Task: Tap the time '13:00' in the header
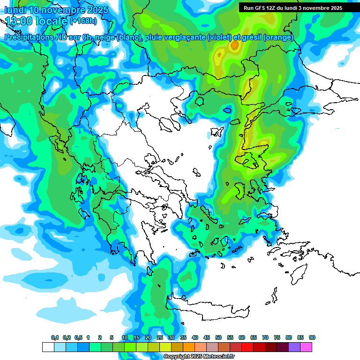[19, 21]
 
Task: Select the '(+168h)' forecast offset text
[83, 21]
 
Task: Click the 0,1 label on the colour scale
[55, 337]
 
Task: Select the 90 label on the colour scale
[312, 337]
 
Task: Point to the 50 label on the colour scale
[218, 337]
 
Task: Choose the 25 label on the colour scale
[160, 337]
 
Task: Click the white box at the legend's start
[48, 347]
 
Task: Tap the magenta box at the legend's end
[306, 347]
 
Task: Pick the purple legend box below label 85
[294, 347]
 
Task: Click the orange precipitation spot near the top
[234, 45]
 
